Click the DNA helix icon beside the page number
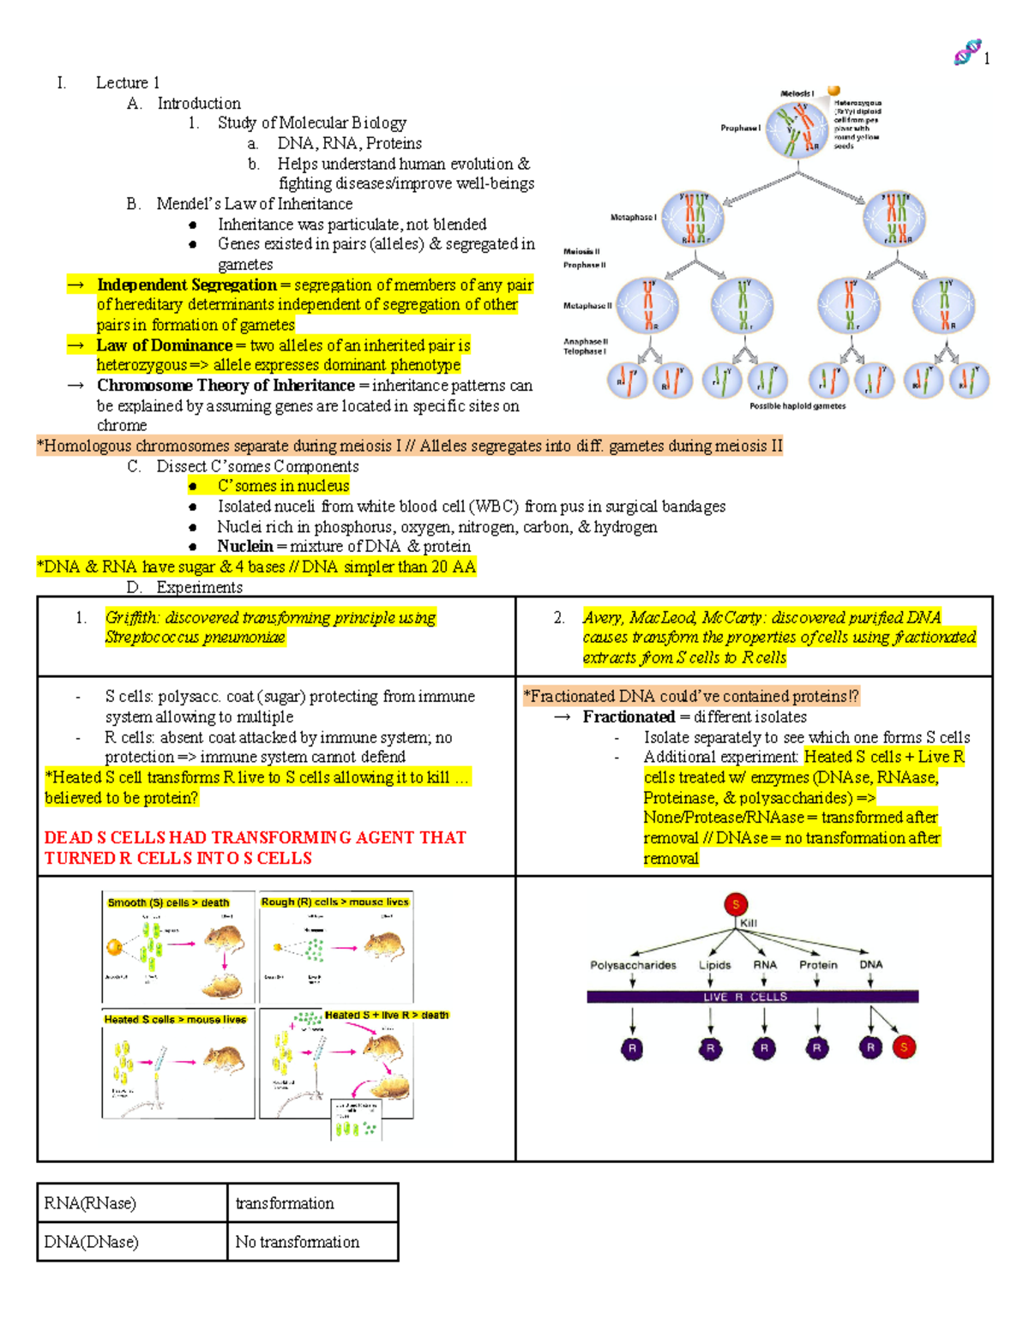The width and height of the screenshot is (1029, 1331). coord(967,53)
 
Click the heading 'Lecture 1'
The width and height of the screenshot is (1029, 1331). coord(127,83)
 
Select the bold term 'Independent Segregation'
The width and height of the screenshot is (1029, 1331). coord(186,285)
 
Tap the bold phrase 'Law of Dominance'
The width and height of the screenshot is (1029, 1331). coord(164,345)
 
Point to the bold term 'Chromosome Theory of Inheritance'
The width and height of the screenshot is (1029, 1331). coord(226,386)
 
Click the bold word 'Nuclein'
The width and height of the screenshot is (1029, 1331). coord(244,547)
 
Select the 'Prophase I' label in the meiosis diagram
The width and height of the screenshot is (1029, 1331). coord(740,129)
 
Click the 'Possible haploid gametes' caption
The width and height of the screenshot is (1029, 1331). coord(797,406)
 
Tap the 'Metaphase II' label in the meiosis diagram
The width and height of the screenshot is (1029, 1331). coord(587,306)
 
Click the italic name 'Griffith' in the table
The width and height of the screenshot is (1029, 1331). coord(131,618)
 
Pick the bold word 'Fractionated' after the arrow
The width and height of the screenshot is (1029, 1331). coord(629,717)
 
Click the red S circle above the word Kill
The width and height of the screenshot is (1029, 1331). coord(736,904)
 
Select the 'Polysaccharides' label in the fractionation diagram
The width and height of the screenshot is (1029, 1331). coord(633,965)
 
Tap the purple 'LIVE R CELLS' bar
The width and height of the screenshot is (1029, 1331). coord(752,997)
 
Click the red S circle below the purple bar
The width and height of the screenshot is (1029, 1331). coord(904,1046)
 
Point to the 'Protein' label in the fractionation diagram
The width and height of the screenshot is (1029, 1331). coord(818,965)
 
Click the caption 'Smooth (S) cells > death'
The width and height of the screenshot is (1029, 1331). coord(168,902)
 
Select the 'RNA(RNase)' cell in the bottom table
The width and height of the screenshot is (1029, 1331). coord(90,1203)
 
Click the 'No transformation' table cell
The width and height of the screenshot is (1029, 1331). coord(297,1242)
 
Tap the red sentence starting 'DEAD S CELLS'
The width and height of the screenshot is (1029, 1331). coord(255,848)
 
